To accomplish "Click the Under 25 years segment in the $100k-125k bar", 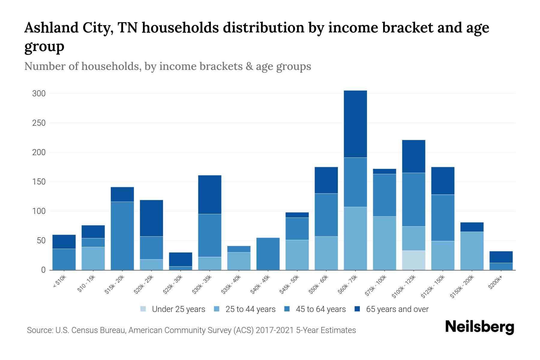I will tap(413, 260).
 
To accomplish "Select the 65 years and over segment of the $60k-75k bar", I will tap(355, 124).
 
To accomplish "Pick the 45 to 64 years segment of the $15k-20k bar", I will tap(122, 236).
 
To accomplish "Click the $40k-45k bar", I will tap(268, 254).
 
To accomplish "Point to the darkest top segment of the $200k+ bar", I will tap(501, 257).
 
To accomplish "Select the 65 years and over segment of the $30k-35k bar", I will tap(210, 194).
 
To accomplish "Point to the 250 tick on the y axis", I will tap(39, 123).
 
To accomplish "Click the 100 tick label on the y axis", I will tap(39, 211).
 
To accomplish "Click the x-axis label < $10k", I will tap(60, 281).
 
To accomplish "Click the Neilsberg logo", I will tap(479, 327).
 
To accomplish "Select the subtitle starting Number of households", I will tap(167, 66).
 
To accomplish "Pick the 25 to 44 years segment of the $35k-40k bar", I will tap(239, 261).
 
